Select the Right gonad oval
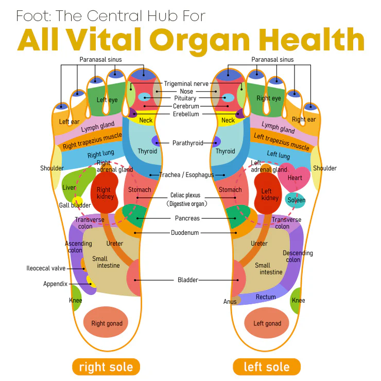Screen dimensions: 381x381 (107, 323)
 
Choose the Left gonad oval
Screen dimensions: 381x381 (267, 323)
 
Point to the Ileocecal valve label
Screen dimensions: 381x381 (46, 268)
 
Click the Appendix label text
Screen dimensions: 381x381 (55, 284)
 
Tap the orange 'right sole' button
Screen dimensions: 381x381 (106, 367)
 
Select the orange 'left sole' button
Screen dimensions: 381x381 (266, 367)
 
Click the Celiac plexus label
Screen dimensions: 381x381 (185, 196)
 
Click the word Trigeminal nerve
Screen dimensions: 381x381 (186, 83)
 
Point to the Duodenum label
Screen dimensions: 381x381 (185, 233)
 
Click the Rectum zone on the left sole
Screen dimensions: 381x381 (266, 297)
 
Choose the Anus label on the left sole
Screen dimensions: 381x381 (230, 301)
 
